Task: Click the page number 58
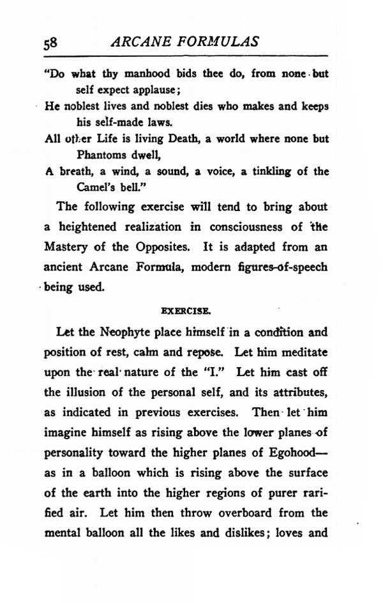[x=50, y=43]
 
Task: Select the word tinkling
[x=272, y=171]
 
